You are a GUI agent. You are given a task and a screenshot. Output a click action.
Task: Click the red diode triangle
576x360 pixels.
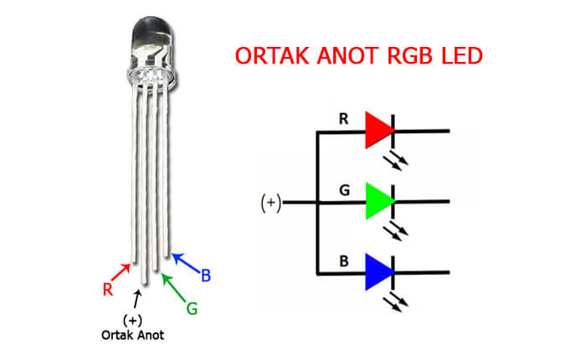378,131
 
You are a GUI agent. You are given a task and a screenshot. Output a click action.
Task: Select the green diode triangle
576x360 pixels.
378,202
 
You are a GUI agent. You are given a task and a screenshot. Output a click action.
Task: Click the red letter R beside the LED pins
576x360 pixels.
107,290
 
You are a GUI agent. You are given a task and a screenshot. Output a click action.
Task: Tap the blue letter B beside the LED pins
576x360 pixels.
205,273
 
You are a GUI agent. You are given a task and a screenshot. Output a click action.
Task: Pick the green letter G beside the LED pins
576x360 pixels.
192,308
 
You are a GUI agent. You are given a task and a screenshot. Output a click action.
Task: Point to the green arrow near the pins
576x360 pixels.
173,286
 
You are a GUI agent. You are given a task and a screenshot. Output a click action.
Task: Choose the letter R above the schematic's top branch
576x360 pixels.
342,119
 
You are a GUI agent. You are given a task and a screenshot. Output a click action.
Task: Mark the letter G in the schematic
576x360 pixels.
342,190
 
